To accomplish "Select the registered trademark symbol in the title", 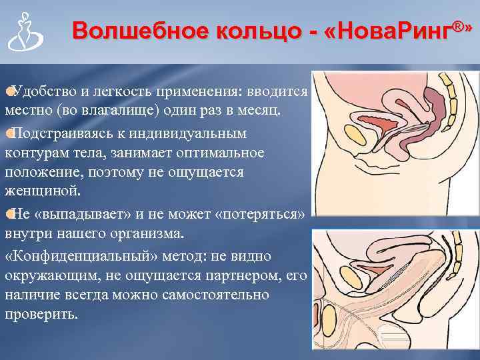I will click(x=457, y=26).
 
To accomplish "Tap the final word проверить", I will click(x=41, y=314).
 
